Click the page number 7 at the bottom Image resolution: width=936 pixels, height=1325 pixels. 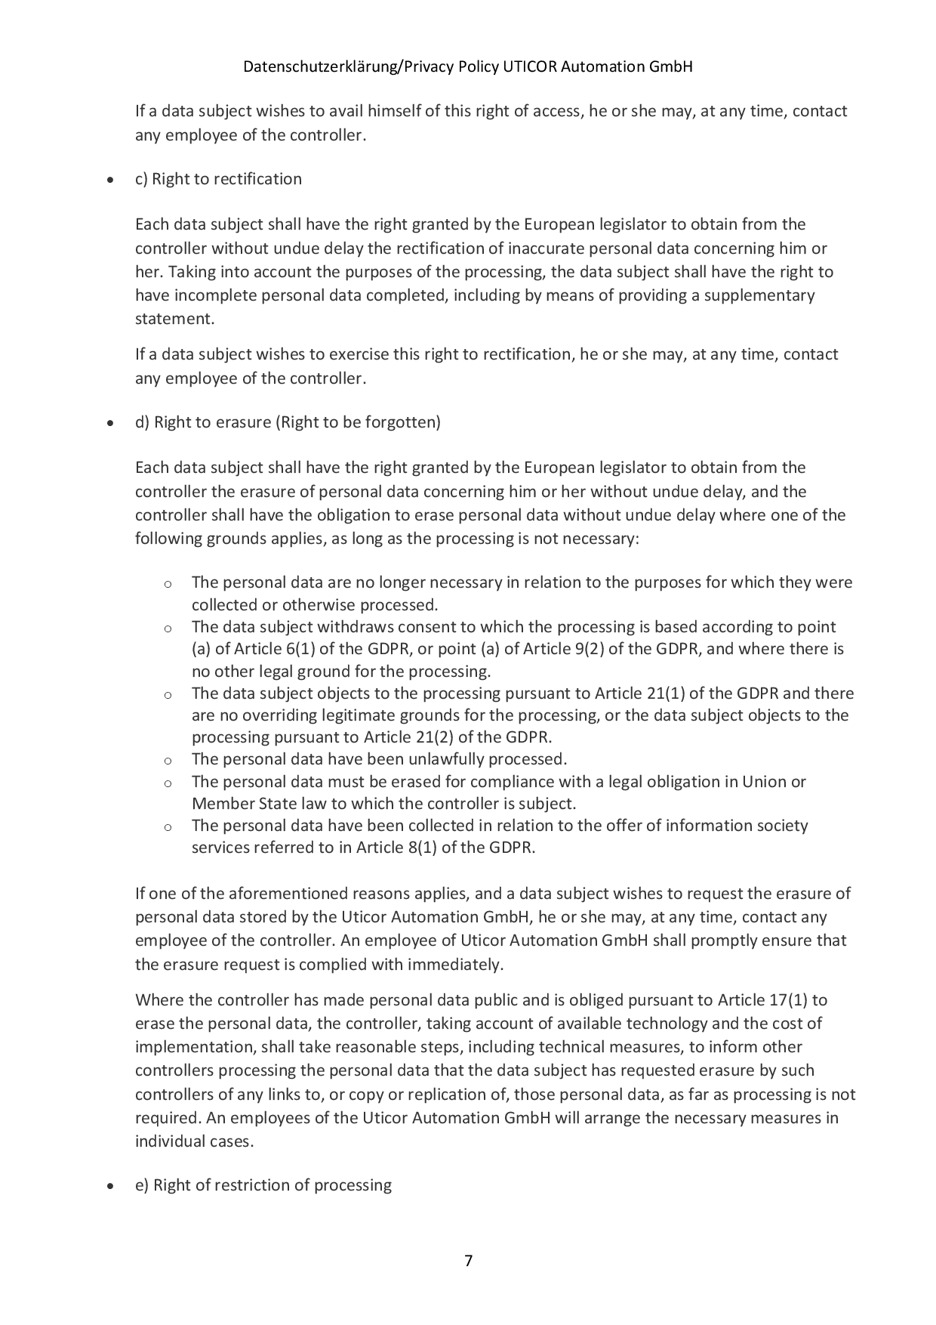click(x=468, y=1260)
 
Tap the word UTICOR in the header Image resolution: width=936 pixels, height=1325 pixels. click(x=531, y=67)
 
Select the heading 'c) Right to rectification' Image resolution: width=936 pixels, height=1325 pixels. click(x=218, y=179)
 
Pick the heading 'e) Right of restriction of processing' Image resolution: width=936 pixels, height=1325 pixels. click(x=263, y=1184)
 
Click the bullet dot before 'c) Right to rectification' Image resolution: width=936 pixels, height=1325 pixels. click(x=111, y=181)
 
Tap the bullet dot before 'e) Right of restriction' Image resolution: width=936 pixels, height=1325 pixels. click(x=111, y=1186)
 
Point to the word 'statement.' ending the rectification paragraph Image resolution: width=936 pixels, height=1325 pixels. click(x=174, y=319)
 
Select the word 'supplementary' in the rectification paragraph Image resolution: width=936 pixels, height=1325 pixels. click(x=764, y=295)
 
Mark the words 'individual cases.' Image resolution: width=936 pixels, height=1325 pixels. click(x=194, y=1141)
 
